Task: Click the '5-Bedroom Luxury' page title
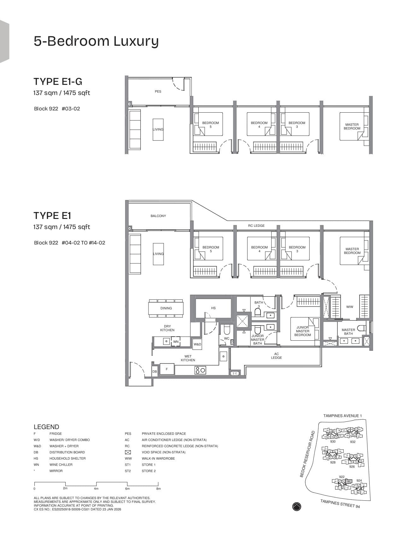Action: pos(96,41)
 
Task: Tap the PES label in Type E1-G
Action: pos(158,91)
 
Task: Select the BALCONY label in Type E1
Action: pos(158,216)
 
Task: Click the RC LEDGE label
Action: pos(256,226)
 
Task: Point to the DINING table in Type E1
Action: pos(166,308)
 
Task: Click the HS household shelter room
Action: pos(213,308)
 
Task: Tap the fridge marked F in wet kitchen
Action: pos(167,369)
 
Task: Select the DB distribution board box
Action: pos(155,372)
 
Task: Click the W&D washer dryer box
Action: pos(197,344)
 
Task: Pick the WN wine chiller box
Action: pos(176,342)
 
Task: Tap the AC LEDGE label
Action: pos(276,356)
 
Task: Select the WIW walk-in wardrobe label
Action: pos(349,307)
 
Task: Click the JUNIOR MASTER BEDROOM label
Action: pos(302,331)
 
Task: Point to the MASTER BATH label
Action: pos(348,332)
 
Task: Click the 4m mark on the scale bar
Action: pos(96,488)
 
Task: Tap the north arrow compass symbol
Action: pos(296,506)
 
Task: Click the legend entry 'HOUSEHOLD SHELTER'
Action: pos(67,458)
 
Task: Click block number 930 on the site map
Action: pos(333,442)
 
